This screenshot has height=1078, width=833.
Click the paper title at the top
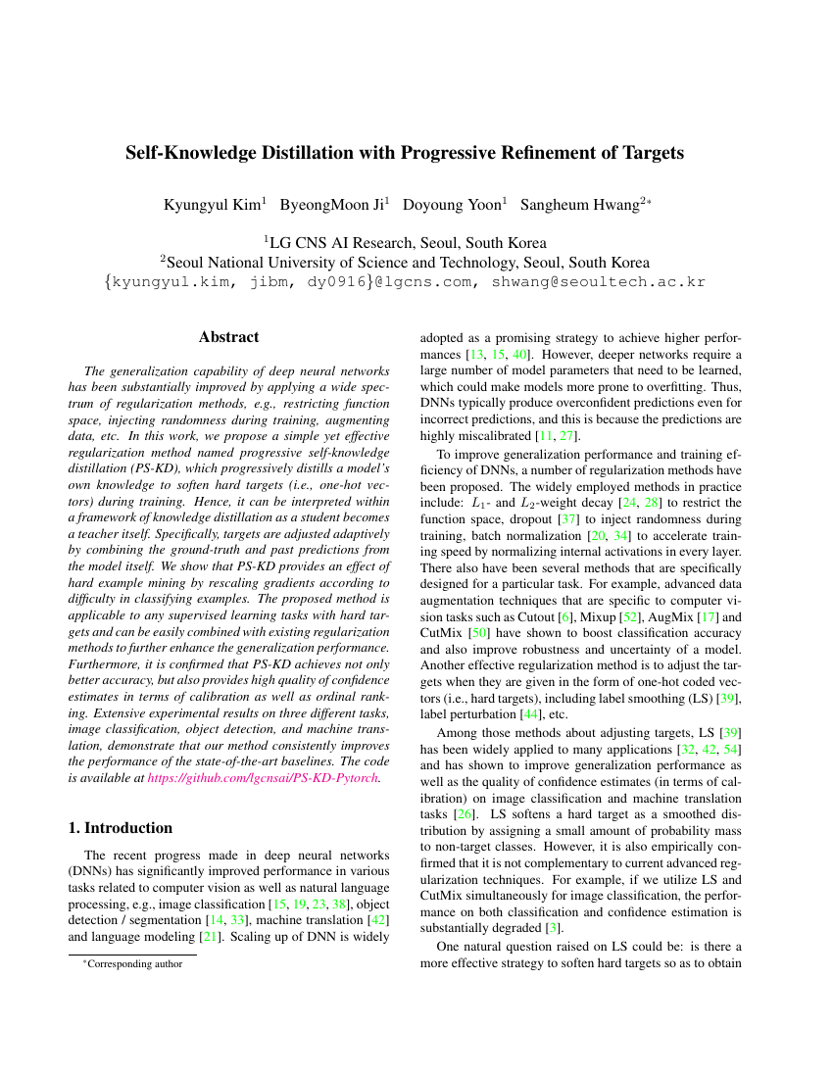[404, 153]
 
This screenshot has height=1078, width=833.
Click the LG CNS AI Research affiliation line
[405, 242]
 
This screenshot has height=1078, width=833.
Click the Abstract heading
[228, 337]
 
